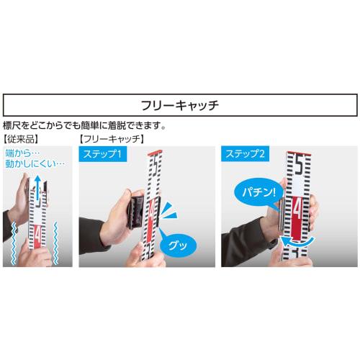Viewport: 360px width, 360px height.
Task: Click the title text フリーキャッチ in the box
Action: coord(179,105)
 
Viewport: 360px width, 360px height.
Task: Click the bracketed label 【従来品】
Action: coord(22,137)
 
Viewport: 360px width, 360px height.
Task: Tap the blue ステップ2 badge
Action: coord(246,154)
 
